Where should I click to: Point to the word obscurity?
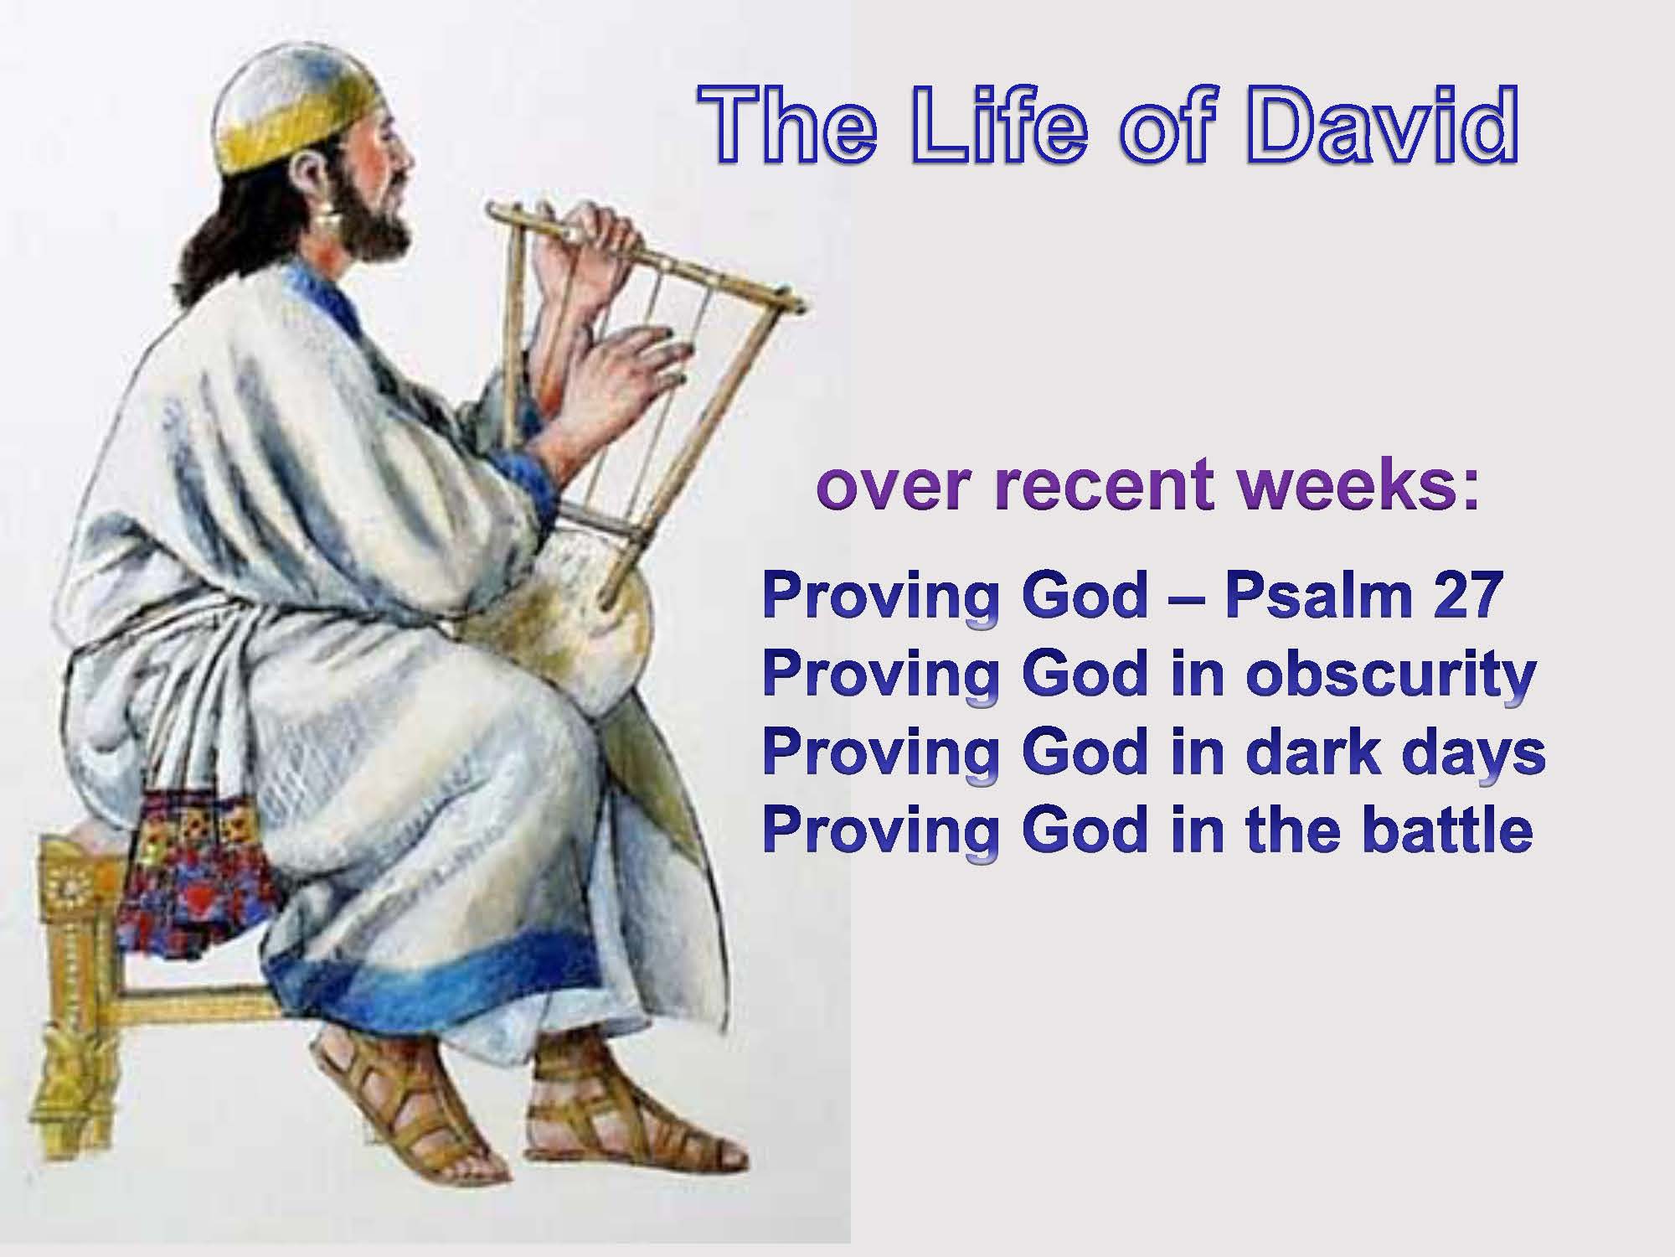tap(1390, 675)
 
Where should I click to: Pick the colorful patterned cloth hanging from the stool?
tap(197, 872)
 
